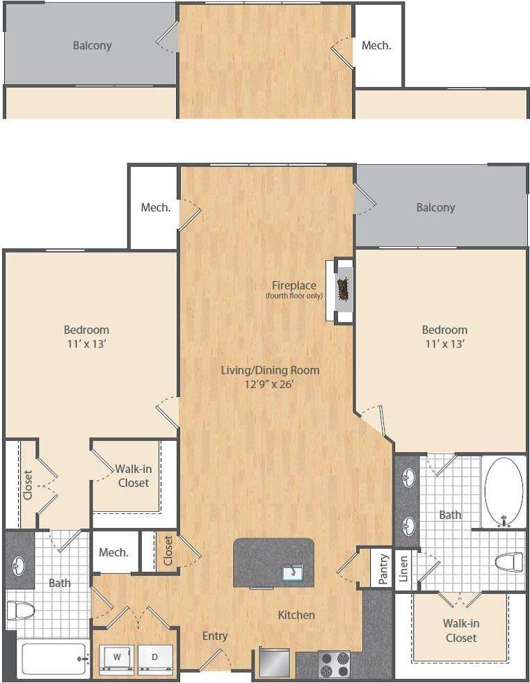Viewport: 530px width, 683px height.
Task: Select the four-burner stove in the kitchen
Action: (335, 664)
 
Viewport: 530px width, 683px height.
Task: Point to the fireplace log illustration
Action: (344, 288)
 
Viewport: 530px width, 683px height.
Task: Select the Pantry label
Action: (383, 568)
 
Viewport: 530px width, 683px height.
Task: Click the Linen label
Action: (404, 568)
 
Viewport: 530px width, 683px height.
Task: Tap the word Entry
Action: (215, 636)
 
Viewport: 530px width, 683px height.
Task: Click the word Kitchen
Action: (296, 615)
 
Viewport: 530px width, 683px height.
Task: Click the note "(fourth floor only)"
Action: (294, 296)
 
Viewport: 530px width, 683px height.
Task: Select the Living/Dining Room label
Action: (270, 370)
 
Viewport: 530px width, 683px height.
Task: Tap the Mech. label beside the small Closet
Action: (113, 552)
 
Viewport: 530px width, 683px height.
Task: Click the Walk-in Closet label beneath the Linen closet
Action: (461, 630)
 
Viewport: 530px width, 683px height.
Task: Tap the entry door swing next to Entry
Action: (212, 659)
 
